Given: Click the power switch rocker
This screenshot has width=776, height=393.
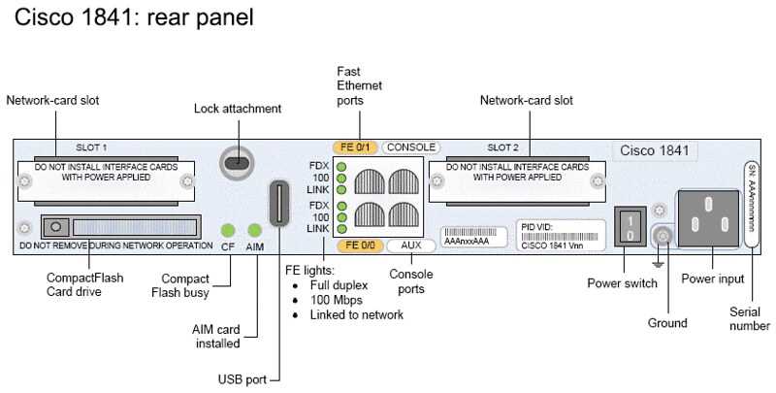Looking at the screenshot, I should (629, 228).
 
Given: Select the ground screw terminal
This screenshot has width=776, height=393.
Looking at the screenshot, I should (663, 235).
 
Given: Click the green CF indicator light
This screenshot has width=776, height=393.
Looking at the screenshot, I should (228, 230).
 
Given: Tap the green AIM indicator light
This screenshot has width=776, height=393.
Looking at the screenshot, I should (255, 230).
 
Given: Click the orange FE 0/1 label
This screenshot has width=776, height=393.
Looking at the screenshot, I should (355, 147).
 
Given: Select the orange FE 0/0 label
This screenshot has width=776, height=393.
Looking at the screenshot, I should (360, 245).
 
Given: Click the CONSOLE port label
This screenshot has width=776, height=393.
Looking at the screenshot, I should (410, 147).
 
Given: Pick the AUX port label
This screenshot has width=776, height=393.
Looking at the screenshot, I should (410, 245).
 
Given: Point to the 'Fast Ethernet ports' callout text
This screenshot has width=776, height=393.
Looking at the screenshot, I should (359, 85).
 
